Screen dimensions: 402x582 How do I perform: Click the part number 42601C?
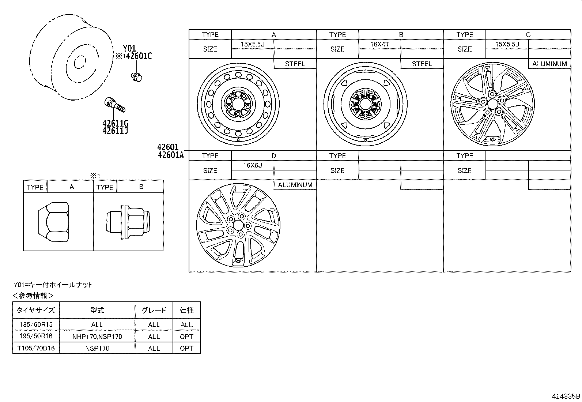pyautogui.click(x=139, y=56)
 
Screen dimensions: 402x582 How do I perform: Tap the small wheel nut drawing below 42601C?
pyautogui.click(x=137, y=76)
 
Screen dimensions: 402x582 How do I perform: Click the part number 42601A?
pyautogui.click(x=171, y=155)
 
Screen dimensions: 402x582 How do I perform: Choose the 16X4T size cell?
pyautogui.click(x=379, y=44)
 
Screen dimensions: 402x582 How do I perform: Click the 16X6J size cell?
pyautogui.click(x=253, y=165)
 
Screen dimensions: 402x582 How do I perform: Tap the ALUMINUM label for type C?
pyautogui.click(x=549, y=64)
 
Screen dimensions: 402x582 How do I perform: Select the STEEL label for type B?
pyautogui.click(x=422, y=64)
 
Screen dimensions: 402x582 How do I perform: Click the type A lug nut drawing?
pyautogui.click(x=54, y=222)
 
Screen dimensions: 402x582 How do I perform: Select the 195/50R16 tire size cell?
pyautogui.click(x=36, y=337)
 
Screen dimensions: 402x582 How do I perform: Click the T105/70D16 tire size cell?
pyautogui.click(x=36, y=348)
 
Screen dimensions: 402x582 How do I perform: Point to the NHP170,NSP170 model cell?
pyautogui.click(x=97, y=337)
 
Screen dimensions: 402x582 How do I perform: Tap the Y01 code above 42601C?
pyautogui.click(x=129, y=48)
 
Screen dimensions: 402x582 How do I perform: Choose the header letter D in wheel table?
pyautogui.click(x=273, y=156)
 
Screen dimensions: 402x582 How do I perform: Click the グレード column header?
pyautogui.click(x=154, y=310)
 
